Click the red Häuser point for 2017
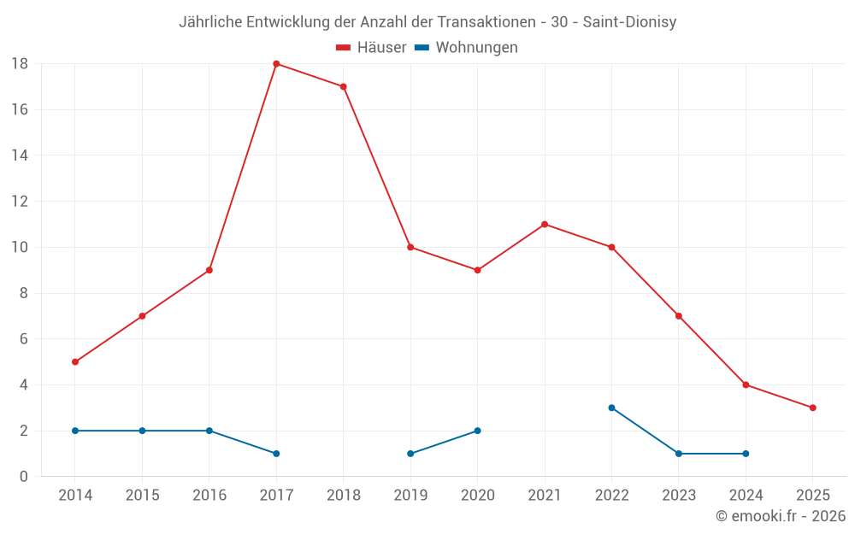[276, 64]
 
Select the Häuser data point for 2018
[343, 86]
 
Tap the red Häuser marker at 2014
[75, 361]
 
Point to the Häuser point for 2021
[545, 225]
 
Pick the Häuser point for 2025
[812, 408]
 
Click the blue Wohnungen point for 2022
[611, 408]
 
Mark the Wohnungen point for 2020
[477, 431]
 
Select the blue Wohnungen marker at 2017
[276, 454]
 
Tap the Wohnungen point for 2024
[746, 454]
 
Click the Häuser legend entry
[371, 48]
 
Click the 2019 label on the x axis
[410, 496]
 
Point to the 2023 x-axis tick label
[678, 496]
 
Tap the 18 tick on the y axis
[20, 64]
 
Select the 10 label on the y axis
[20, 248]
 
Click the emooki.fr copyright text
[781, 516]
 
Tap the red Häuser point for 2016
[209, 270]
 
